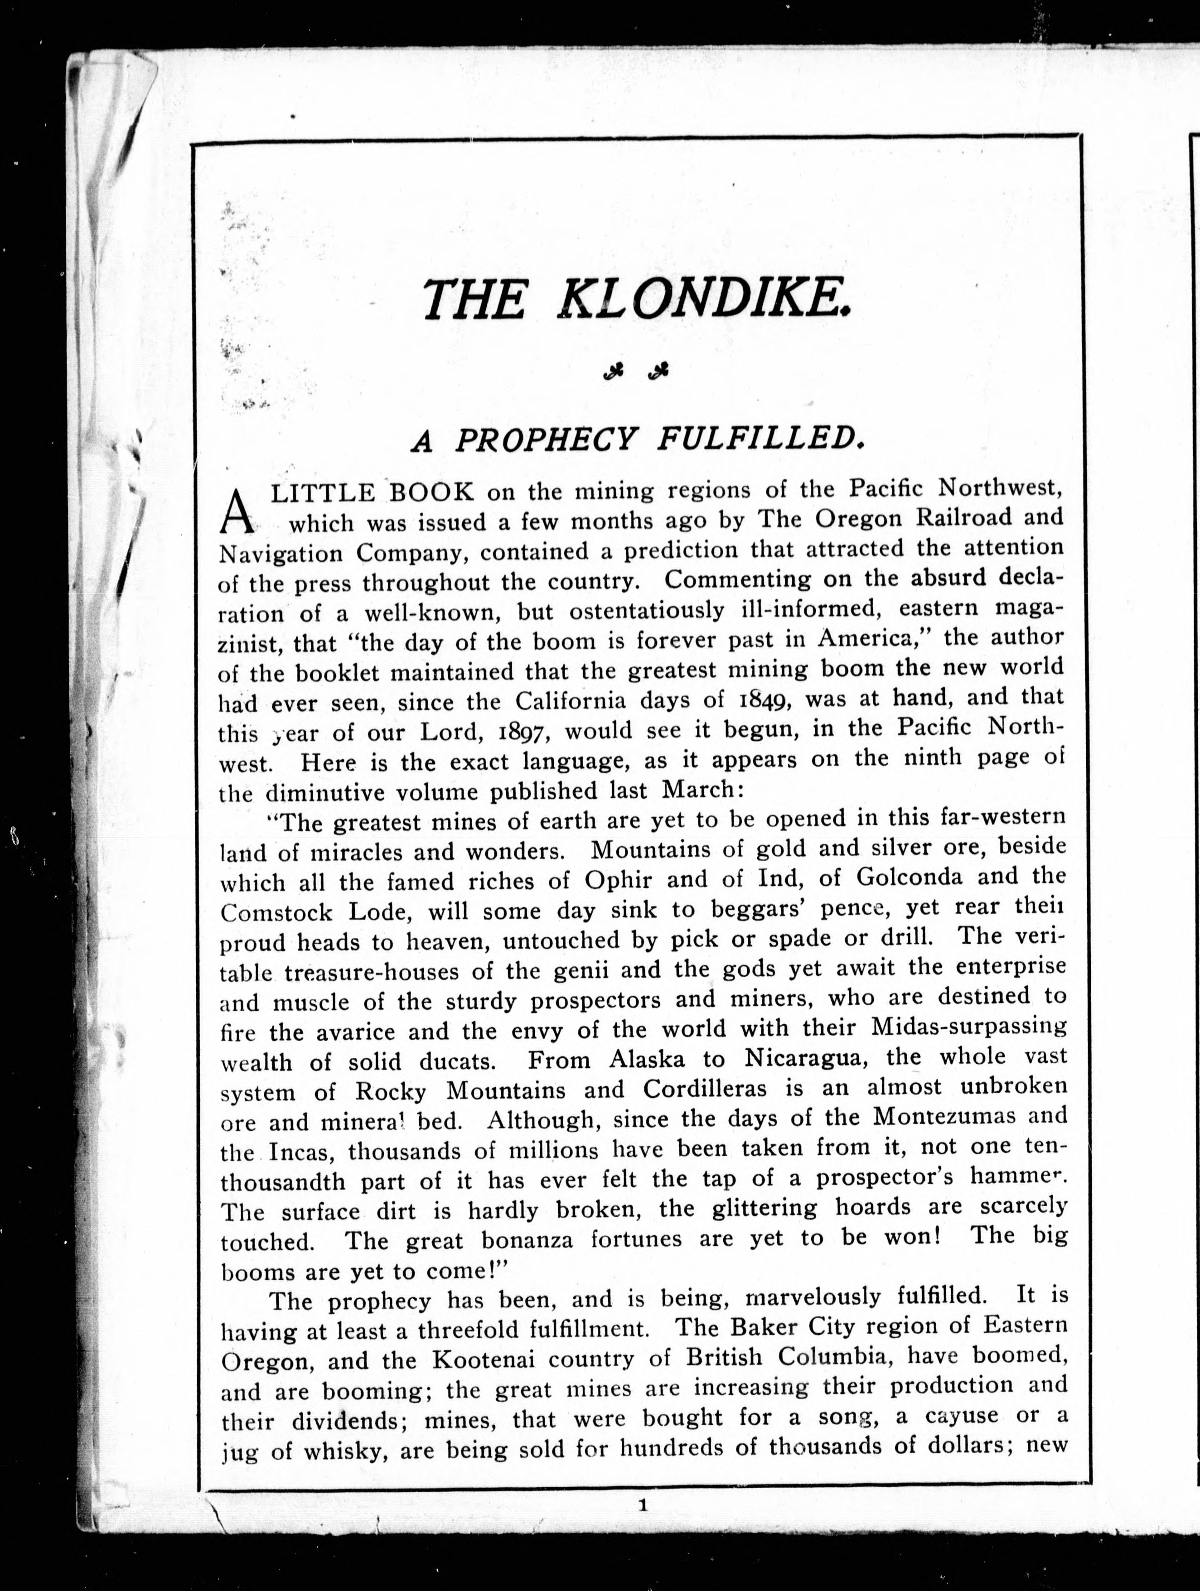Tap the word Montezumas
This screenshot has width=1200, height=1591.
coord(944,1117)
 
